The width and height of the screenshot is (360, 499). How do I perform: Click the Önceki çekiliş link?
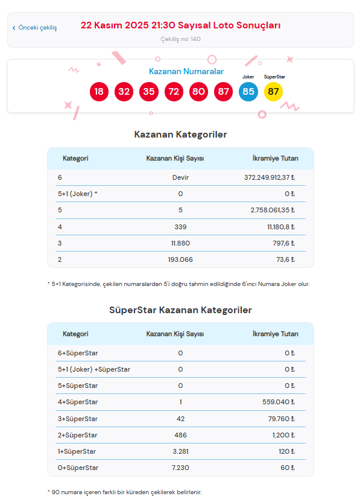click(35, 28)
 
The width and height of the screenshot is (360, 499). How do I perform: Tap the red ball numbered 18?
click(99, 92)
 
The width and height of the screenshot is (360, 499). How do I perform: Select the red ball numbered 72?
click(174, 92)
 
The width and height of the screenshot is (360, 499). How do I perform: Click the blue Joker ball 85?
click(248, 92)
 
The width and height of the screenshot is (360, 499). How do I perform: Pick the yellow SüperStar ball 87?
click(273, 92)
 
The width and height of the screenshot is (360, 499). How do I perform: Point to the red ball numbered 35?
click(148, 92)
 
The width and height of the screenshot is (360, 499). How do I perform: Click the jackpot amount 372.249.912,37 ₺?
click(266, 177)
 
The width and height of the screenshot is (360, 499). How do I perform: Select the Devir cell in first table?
click(180, 177)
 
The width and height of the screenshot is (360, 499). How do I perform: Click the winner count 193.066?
click(180, 259)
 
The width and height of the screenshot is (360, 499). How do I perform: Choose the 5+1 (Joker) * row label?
click(78, 194)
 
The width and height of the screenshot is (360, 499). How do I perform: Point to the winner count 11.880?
click(180, 243)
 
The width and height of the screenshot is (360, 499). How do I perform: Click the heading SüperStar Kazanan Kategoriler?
click(180, 310)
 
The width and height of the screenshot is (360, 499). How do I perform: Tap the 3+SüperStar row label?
click(78, 419)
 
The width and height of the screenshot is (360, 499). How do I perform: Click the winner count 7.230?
click(180, 468)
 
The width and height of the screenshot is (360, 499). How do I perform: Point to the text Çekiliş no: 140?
click(180, 39)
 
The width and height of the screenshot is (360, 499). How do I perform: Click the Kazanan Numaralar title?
click(186, 71)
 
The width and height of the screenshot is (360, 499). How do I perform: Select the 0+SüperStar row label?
click(78, 468)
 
